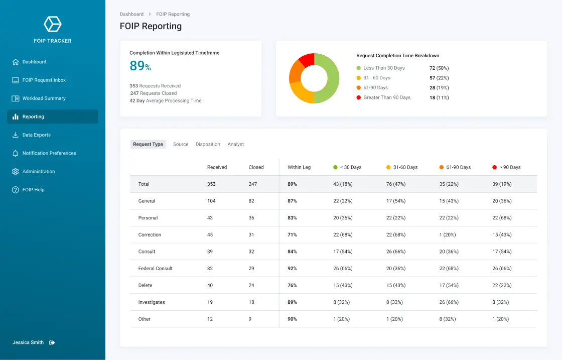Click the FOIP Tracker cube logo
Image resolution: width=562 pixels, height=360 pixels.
click(52, 24)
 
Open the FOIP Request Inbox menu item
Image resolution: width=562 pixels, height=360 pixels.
click(44, 80)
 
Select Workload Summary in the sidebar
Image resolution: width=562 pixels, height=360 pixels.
click(44, 98)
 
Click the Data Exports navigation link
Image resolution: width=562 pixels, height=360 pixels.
click(36, 135)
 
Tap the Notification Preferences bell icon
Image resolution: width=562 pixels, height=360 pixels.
click(16, 153)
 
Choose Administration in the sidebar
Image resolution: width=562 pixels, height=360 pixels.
click(38, 172)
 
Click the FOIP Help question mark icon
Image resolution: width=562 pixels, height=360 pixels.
click(16, 190)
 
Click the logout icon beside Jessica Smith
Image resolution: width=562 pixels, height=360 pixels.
click(52, 342)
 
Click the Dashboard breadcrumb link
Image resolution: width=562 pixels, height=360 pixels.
click(131, 14)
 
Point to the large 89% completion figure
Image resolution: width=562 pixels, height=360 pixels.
click(140, 66)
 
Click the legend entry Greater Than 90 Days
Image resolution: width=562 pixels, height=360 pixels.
click(386, 97)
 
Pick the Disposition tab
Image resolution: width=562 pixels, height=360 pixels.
click(208, 144)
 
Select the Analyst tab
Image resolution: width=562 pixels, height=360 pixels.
click(235, 144)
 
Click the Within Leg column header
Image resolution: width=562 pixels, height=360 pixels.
click(299, 167)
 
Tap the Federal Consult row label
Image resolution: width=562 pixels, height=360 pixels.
click(155, 269)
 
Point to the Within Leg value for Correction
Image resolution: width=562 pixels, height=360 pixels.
click(292, 235)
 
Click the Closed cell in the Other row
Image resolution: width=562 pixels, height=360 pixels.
click(250, 319)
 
